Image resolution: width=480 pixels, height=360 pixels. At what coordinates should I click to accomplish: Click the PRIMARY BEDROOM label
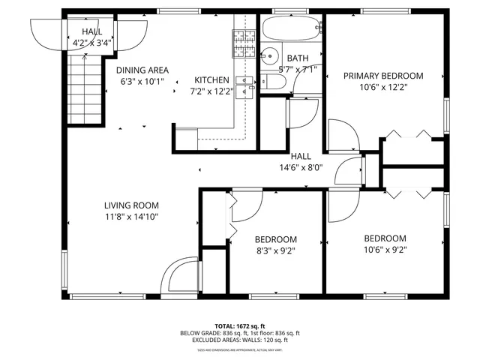coord(383,76)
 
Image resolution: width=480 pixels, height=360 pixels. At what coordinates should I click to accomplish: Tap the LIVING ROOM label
coord(131,205)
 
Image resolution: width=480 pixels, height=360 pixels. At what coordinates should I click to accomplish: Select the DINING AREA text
coord(142,70)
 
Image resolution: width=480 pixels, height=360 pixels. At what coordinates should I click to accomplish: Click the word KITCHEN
coord(211,80)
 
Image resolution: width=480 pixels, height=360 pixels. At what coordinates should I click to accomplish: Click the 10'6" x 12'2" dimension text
coord(383,87)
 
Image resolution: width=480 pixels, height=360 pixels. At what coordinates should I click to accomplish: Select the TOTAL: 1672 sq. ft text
coord(240,326)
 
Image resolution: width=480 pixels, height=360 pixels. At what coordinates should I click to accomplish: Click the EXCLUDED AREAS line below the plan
coord(240,340)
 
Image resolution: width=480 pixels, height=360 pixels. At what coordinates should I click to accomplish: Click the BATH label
coord(297,58)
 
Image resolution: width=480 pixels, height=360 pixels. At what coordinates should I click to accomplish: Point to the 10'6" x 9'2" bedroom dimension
coord(385,250)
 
